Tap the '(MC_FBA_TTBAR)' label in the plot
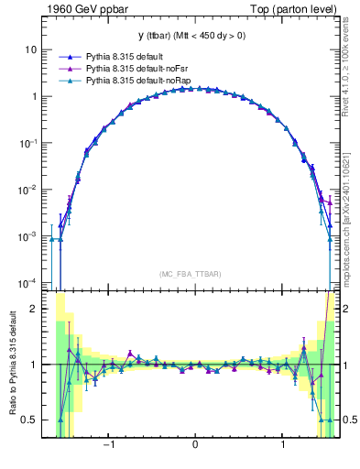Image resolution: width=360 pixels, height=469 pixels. tap(194, 274)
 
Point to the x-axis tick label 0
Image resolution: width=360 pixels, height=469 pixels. tap(195, 446)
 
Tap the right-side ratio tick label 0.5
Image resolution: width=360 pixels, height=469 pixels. tap(351, 420)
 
